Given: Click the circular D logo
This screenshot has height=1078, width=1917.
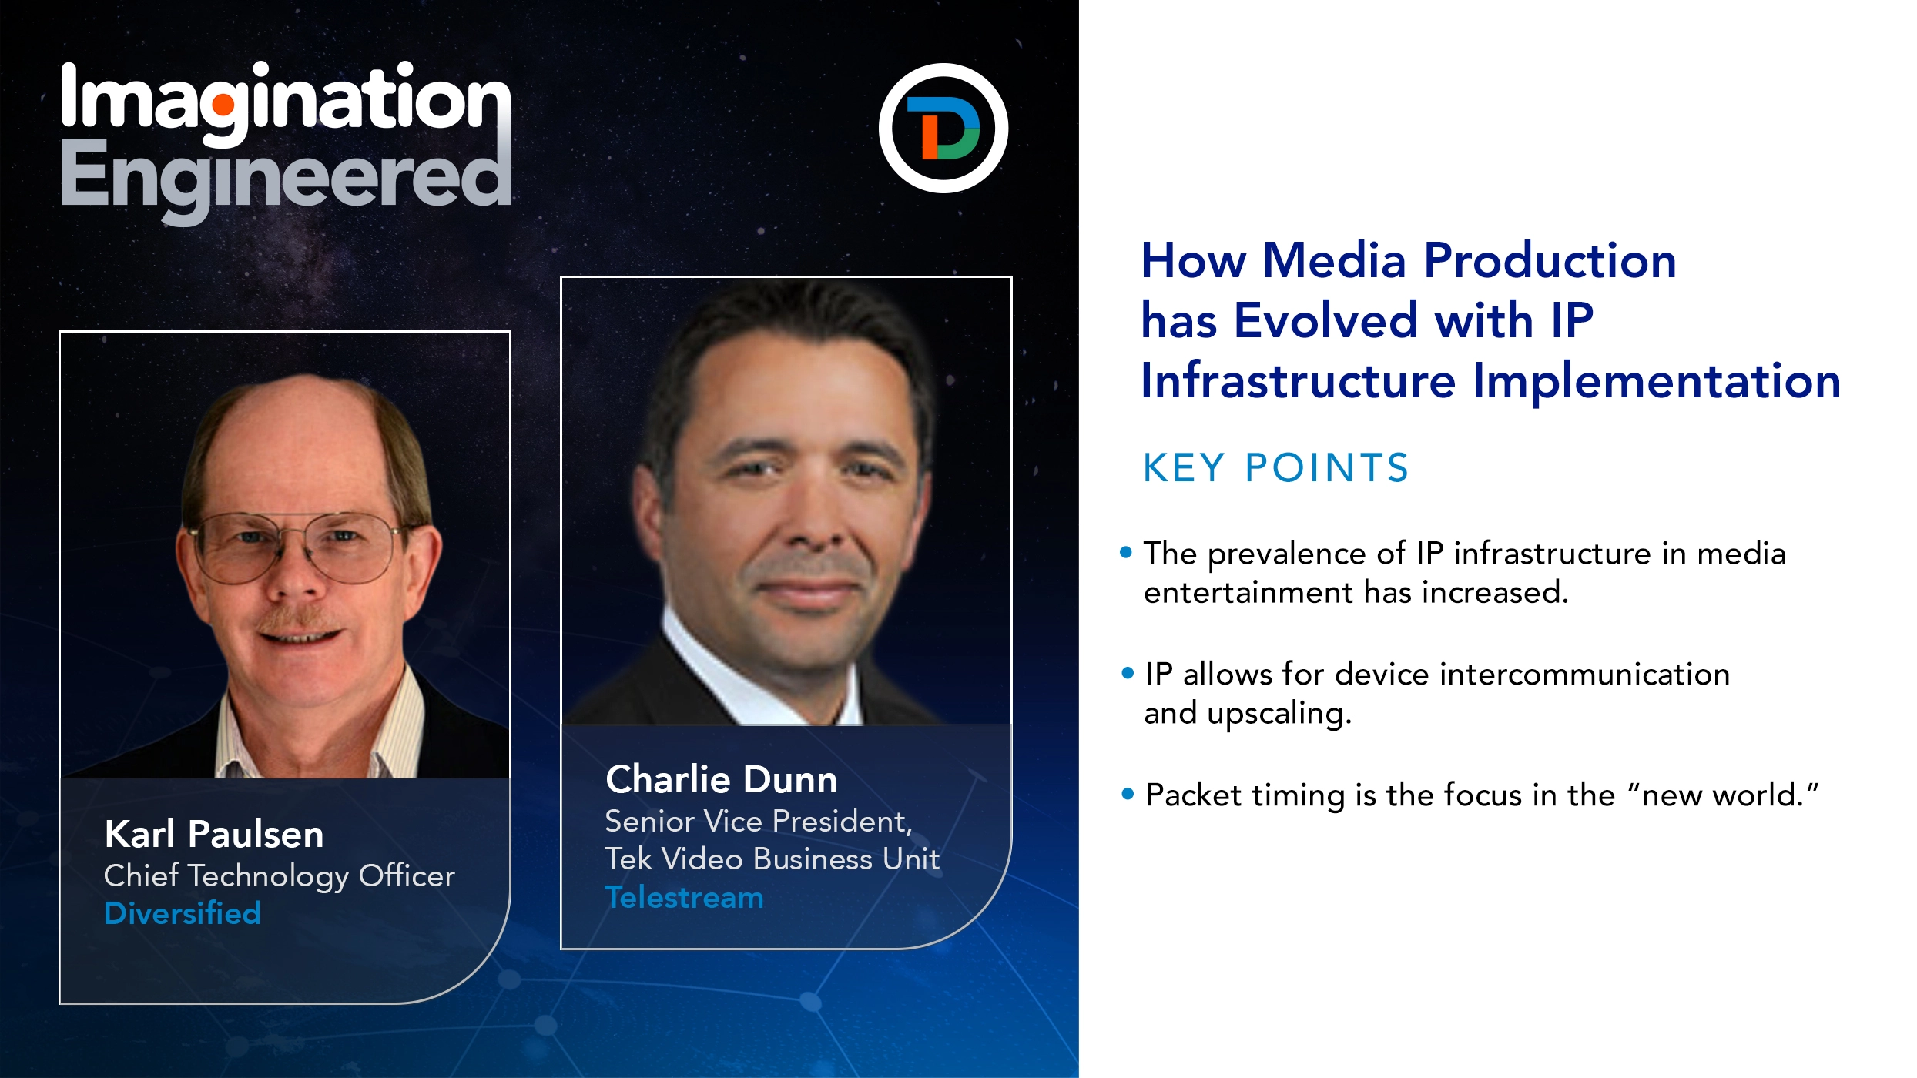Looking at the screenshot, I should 943,128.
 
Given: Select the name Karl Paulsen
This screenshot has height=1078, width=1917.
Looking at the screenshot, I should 214,834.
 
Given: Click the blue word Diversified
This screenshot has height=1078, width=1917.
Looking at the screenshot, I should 183,913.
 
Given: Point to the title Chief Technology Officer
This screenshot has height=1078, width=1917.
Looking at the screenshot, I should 279,875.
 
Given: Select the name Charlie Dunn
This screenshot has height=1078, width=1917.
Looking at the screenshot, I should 721,779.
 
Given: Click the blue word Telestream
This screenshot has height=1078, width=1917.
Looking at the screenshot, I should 684,898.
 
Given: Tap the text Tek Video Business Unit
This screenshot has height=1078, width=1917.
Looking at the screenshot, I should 772,859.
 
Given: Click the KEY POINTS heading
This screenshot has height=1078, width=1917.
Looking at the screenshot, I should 1275,467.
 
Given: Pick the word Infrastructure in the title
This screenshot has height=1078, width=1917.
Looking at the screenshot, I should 1298,381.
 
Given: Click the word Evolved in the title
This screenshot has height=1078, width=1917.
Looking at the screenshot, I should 1325,320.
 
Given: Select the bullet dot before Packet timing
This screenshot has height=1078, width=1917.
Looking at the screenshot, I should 1128,794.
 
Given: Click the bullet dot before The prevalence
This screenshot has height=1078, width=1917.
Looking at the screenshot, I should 1126,552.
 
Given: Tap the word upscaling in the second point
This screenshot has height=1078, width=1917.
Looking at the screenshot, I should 1279,713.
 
